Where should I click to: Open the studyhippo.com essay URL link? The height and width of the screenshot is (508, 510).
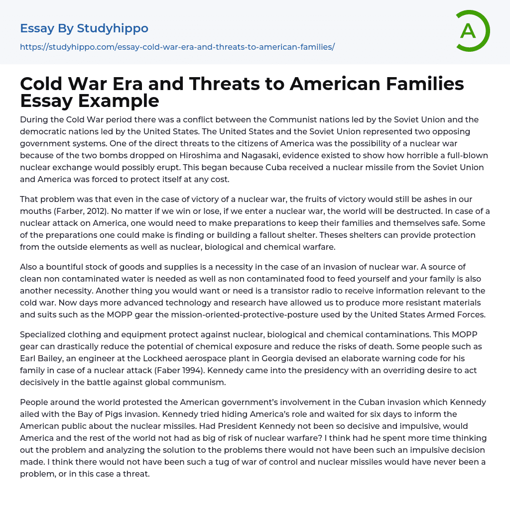point(177,47)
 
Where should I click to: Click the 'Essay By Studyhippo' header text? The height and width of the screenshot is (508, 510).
point(84,29)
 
